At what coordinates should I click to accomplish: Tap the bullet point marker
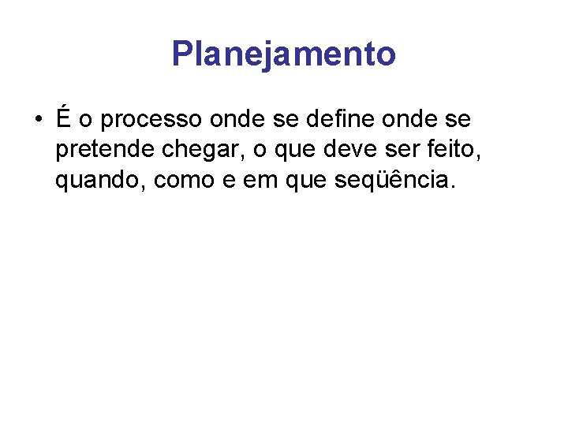[x=38, y=121]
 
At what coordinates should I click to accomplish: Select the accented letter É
[x=64, y=119]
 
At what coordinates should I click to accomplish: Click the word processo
[x=152, y=121]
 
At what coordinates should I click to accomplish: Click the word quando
[x=101, y=181]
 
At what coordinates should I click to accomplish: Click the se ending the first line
[x=459, y=121]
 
